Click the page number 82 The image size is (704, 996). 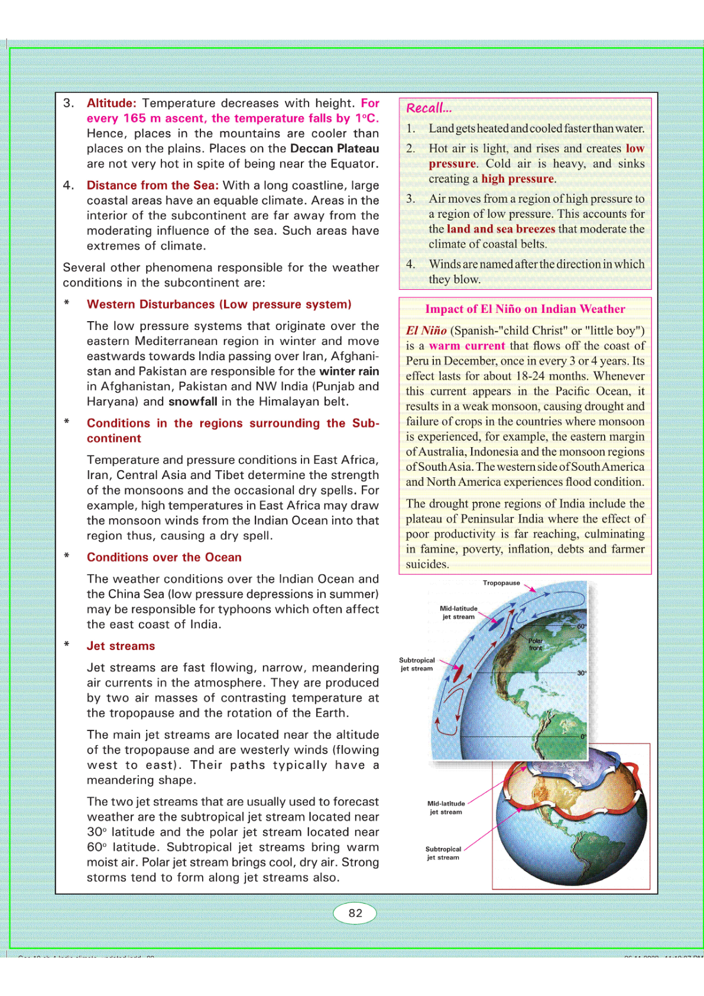[x=355, y=913]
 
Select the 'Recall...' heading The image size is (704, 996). [x=429, y=108]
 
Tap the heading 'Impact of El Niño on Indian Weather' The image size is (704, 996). [x=525, y=309]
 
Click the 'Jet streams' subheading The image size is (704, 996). [x=121, y=646]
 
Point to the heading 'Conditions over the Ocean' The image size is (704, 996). [x=164, y=557]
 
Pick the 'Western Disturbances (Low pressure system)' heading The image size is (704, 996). [x=219, y=304]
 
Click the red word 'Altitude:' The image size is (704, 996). [x=111, y=103]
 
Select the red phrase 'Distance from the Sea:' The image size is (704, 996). [x=153, y=185]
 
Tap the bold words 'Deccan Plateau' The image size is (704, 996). [x=335, y=148]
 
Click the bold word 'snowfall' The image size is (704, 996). [x=193, y=402]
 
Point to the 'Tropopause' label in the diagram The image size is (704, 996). [x=501, y=583]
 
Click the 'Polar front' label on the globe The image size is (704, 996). [x=536, y=644]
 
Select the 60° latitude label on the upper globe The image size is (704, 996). [x=581, y=626]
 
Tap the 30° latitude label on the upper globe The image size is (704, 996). [x=582, y=673]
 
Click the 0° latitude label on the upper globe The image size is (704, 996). [x=583, y=737]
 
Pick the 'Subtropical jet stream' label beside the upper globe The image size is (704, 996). [x=417, y=664]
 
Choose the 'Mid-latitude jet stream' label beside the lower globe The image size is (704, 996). [x=446, y=807]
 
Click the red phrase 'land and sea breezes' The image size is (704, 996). [x=501, y=229]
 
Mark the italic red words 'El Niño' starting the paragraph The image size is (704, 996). [x=426, y=331]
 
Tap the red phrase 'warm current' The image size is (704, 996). [x=467, y=346]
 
